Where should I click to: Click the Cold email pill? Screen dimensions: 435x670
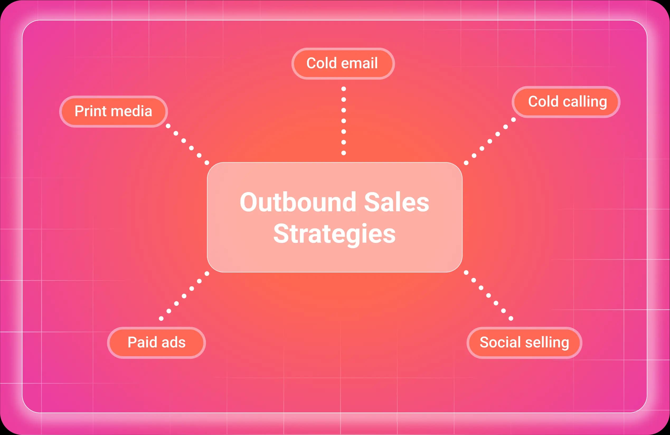(x=343, y=64)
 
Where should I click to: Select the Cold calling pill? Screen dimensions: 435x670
(x=566, y=102)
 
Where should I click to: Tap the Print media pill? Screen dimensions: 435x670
(x=114, y=111)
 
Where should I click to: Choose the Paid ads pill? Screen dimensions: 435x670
(x=157, y=343)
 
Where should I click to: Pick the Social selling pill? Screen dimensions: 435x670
(x=524, y=343)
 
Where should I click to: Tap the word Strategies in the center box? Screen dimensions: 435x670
(x=334, y=233)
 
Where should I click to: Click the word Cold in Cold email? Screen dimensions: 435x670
(x=322, y=63)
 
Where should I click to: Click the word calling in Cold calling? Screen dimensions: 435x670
(x=585, y=102)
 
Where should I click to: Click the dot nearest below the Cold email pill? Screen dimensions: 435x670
(x=343, y=89)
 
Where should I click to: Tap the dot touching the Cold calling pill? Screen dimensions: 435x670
(x=513, y=119)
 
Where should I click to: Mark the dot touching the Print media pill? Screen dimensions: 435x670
(x=168, y=126)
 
